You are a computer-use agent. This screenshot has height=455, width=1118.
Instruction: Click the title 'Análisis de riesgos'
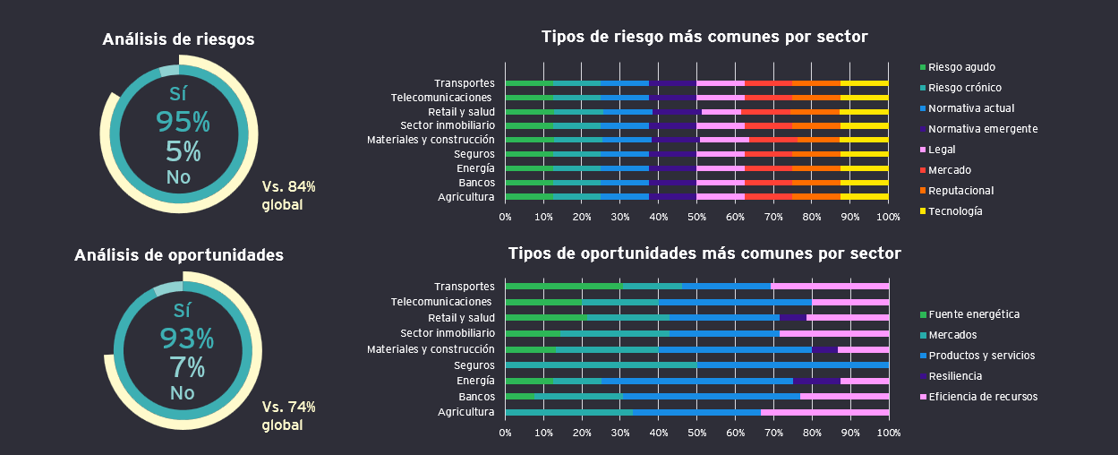(x=178, y=39)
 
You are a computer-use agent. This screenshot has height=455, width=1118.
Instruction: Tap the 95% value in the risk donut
(x=183, y=121)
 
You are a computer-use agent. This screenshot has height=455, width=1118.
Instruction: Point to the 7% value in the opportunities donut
(x=187, y=367)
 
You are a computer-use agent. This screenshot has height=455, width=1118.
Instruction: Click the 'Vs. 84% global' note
(x=288, y=195)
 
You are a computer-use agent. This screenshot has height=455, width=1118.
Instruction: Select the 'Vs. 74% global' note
(x=288, y=416)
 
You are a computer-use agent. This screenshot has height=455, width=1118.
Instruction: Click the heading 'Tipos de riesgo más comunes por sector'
(x=704, y=37)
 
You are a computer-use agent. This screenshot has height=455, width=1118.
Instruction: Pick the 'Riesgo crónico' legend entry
(x=964, y=88)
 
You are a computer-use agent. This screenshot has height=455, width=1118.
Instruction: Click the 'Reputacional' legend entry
(x=960, y=191)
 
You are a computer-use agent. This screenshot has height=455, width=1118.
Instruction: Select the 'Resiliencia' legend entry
(x=954, y=376)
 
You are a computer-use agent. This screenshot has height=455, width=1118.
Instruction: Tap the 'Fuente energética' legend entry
(x=973, y=314)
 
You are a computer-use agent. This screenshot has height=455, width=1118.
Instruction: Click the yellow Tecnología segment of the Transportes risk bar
(x=864, y=83)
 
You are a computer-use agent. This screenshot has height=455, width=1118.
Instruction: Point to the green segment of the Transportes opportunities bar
(x=563, y=287)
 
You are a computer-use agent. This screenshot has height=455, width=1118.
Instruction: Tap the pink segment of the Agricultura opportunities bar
(x=824, y=413)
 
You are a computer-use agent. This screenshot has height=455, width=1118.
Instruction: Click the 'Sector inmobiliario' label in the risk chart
(x=447, y=125)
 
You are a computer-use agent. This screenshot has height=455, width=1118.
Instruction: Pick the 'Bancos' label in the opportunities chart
(x=476, y=397)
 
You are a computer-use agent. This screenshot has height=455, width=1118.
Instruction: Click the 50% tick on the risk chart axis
(x=696, y=217)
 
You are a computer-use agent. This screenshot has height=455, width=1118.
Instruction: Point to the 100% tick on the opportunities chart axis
(x=888, y=434)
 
